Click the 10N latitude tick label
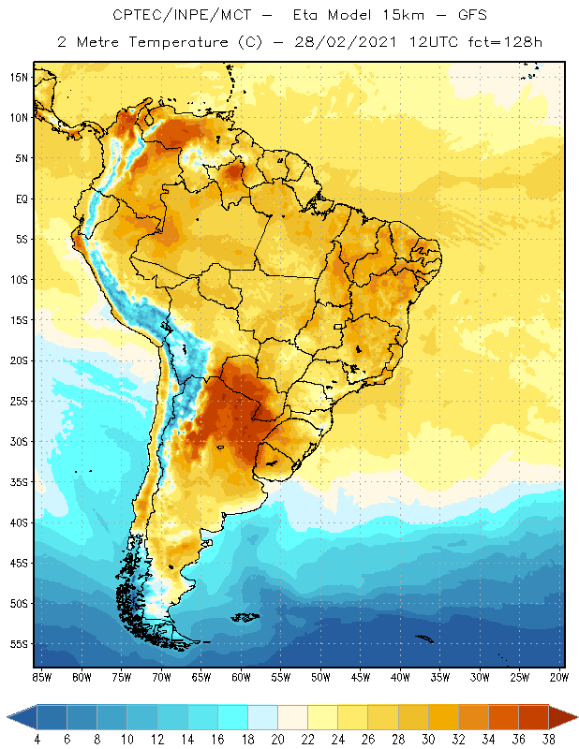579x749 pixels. [x=18, y=118]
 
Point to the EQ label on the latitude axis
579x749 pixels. [x=19, y=198]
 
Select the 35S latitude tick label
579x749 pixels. [x=18, y=482]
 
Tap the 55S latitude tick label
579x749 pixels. [x=18, y=644]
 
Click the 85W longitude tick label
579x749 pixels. [x=41, y=676]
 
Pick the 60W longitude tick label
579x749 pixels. [x=241, y=676]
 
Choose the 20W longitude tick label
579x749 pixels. [x=560, y=676]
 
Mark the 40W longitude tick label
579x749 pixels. [x=401, y=676]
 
